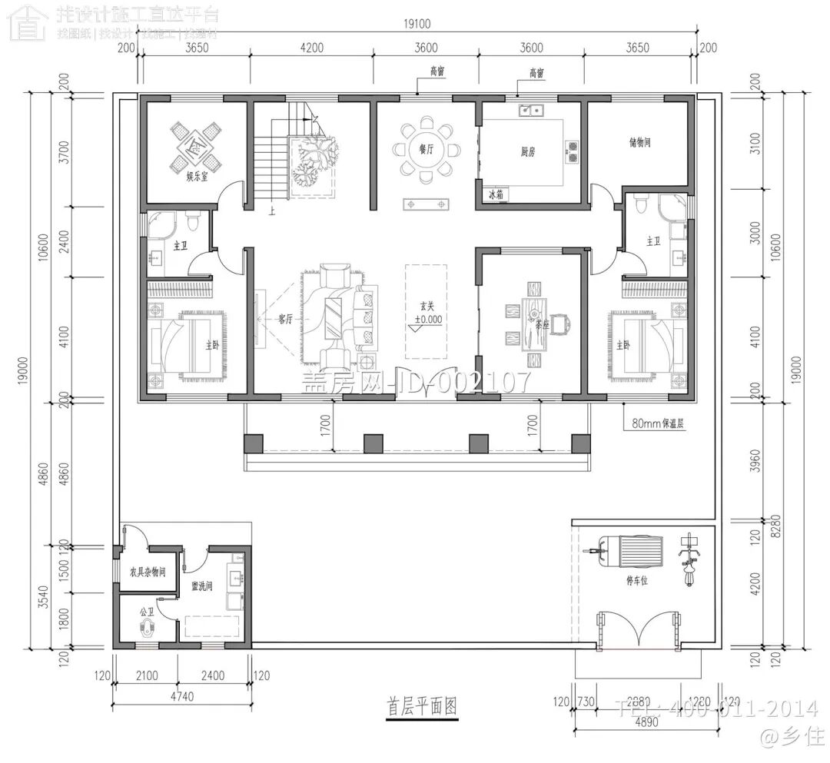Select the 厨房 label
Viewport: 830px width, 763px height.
click(527, 152)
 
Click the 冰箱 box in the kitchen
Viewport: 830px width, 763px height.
click(495, 194)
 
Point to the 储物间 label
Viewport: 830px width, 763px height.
click(639, 142)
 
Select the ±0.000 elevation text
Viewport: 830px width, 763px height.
click(428, 318)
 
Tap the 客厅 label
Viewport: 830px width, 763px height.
click(285, 320)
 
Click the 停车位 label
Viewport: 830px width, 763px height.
click(637, 582)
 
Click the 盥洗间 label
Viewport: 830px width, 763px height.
click(202, 586)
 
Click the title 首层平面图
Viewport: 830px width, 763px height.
click(421, 705)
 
